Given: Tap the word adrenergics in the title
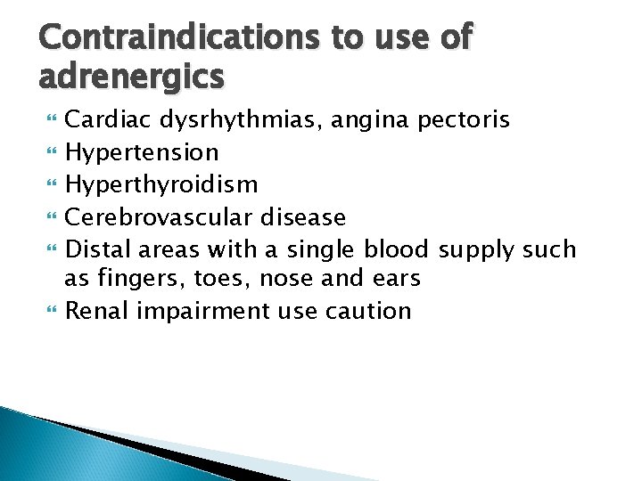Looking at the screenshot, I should coord(131,77).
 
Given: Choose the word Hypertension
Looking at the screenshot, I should coord(142,152).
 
